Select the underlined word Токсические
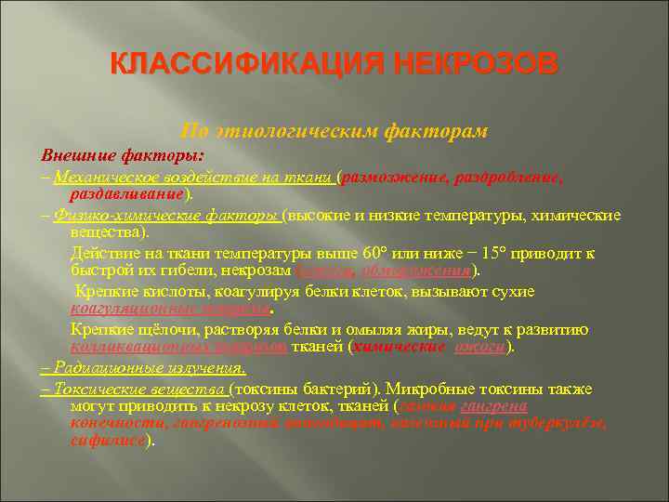(93, 388)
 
